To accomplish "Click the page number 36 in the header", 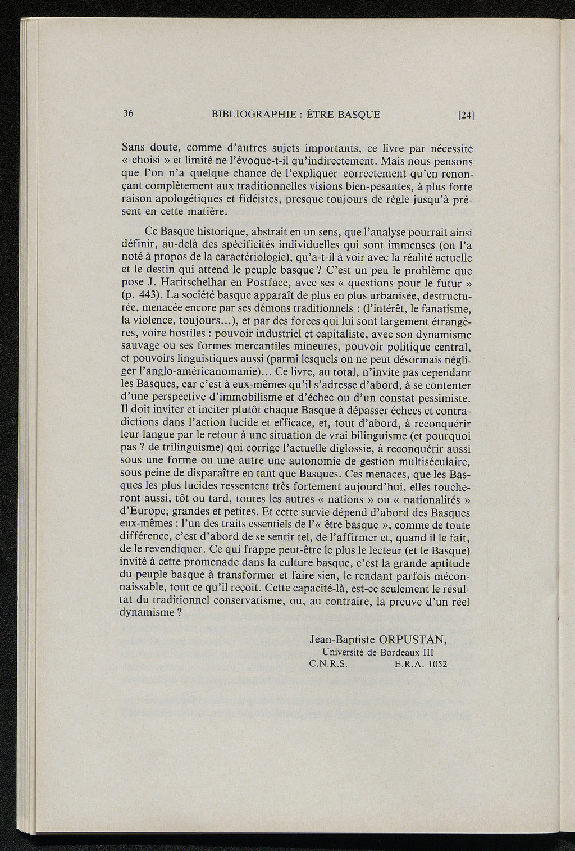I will pos(127,113).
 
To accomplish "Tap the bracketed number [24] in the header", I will pos(466,116).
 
